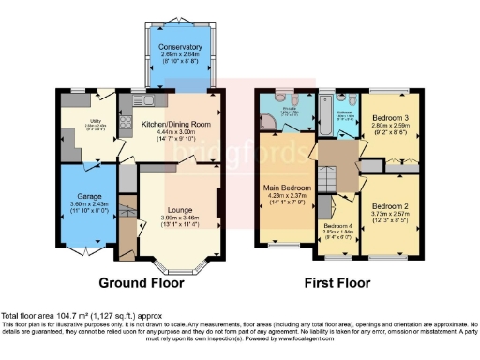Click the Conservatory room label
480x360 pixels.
(179, 47)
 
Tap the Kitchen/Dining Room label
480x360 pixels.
(175, 124)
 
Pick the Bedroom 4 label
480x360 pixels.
(338, 226)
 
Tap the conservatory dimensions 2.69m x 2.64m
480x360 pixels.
(179, 55)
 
